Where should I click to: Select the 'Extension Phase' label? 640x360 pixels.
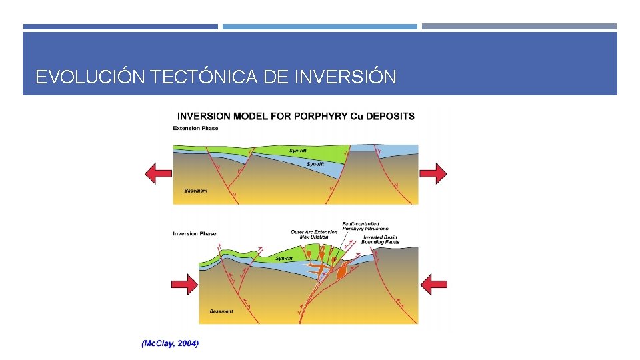click(195, 128)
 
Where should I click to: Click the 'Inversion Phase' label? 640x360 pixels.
click(195, 233)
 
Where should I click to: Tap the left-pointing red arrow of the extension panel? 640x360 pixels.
click(159, 174)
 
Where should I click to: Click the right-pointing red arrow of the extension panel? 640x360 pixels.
click(433, 174)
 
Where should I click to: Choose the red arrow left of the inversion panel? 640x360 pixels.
click(185, 285)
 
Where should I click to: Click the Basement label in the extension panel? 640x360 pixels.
click(195, 191)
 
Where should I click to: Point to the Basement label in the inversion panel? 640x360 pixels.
click(221, 311)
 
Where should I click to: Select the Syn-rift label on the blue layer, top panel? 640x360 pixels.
click(316, 163)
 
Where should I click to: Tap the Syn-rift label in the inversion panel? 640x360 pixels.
click(283, 258)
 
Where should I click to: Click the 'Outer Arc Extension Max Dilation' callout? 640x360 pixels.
click(314, 234)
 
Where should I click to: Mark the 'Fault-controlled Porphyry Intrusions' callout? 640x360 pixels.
click(365, 226)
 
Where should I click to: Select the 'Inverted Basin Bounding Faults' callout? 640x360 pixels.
click(381, 239)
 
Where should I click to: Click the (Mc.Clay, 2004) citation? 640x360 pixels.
click(170, 343)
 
